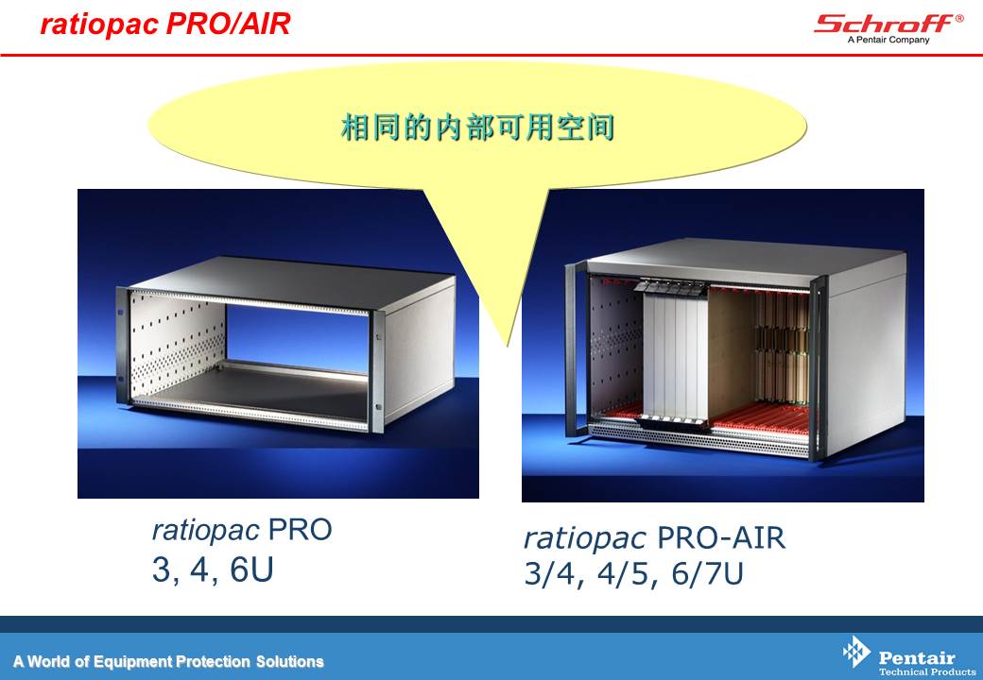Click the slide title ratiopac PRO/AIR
(x=164, y=24)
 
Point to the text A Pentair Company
(x=888, y=40)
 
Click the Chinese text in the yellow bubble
(x=477, y=127)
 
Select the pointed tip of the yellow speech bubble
(x=509, y=346)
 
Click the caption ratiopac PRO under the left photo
(x=242, y=531)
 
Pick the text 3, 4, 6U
(x=213, y=569)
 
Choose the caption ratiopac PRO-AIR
(x=654, y=538)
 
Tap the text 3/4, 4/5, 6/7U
(x=634, y=573)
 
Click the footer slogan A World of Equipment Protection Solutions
(x=168, y=661)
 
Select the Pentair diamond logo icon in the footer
(x=856, y=652)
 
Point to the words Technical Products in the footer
(x=927, y=671)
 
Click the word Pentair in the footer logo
(x=917, y=658)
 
